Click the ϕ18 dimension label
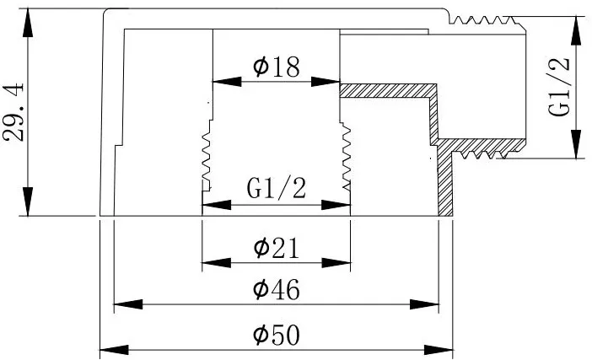click(277, 67)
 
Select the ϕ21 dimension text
click(276, 248)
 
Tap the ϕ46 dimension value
click(277, 289)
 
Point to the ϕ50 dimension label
click(277, 335)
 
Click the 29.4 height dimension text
click(13, 112)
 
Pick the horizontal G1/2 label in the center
click(276, 188)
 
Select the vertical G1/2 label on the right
click(558, 87)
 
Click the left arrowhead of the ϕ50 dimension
click(114, 350)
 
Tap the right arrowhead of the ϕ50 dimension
click(439, 350)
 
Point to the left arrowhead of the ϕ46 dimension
click(128, 304)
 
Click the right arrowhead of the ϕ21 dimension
click(336, 263)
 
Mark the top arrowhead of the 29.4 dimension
click(28, 23)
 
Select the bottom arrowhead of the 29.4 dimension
click(28, 201)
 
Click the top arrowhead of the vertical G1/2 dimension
click(576, 30)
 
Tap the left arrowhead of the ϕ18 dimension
click(228, 82)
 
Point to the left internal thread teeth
click(206, 155)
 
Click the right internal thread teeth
click(346, 155)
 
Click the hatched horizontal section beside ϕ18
click(388, 90)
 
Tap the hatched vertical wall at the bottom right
click(445, 177)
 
